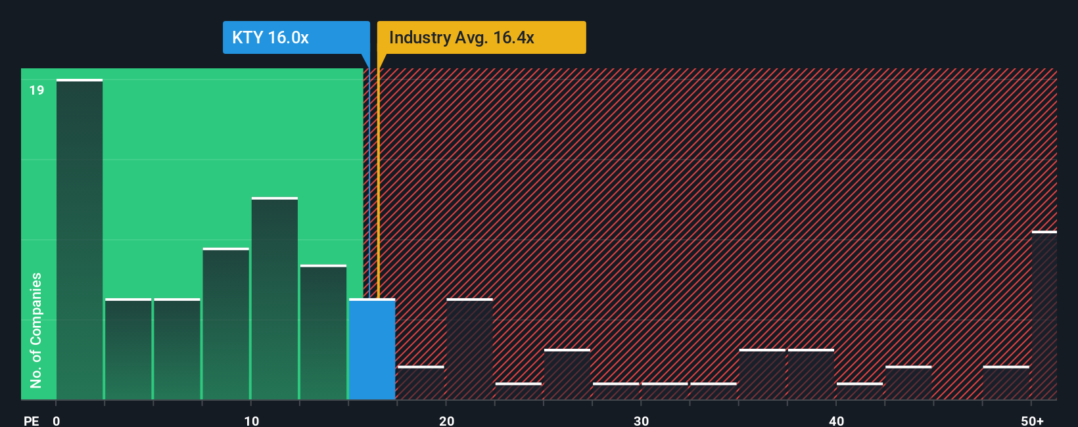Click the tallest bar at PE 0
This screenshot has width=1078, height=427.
(80, 240)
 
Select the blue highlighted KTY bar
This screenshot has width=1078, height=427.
(372, 349)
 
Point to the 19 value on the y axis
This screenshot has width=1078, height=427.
(37, 90)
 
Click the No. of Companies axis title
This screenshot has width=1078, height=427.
(36, 330)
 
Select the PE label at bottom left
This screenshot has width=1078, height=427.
(31, 420)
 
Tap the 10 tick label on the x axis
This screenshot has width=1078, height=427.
(251, 420)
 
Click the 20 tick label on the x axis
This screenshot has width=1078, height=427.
(446, 420)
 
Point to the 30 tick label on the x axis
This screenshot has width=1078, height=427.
(641, 420)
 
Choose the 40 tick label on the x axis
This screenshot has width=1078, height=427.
(836, 420)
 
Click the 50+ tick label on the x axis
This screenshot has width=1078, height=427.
(1032, 420)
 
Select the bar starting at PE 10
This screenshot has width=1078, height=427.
(275, 299)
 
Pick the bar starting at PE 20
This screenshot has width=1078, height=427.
(469, 349)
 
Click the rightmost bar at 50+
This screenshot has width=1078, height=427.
(1044, 315)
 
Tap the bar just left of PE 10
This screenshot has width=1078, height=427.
(226, 324)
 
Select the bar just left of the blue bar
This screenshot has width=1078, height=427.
(323, 332)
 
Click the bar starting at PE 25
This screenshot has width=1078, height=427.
(567, 374)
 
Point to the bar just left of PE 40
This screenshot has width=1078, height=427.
(811, 374)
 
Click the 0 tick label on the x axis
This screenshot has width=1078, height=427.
(57, 420)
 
